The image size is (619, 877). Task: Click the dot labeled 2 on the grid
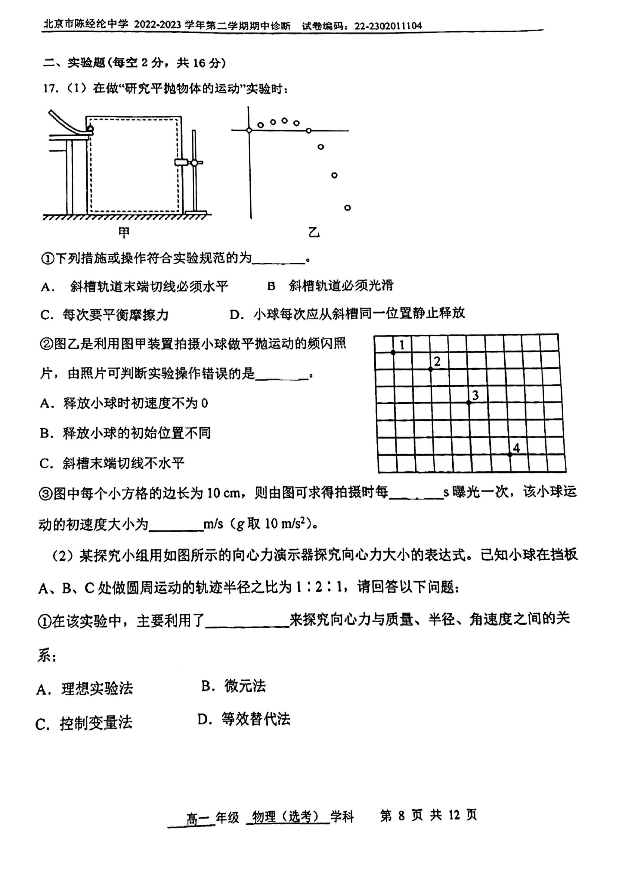tap(431, 369)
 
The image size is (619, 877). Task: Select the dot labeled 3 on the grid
tap(469, 403)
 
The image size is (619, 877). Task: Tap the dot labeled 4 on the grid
tap(510, 454)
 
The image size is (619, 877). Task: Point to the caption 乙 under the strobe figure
tap(314, 233)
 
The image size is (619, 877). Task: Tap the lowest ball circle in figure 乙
tap(347, 208)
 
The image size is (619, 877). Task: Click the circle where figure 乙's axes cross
tap(249, 131)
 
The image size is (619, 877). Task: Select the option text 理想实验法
tap(97, 688)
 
